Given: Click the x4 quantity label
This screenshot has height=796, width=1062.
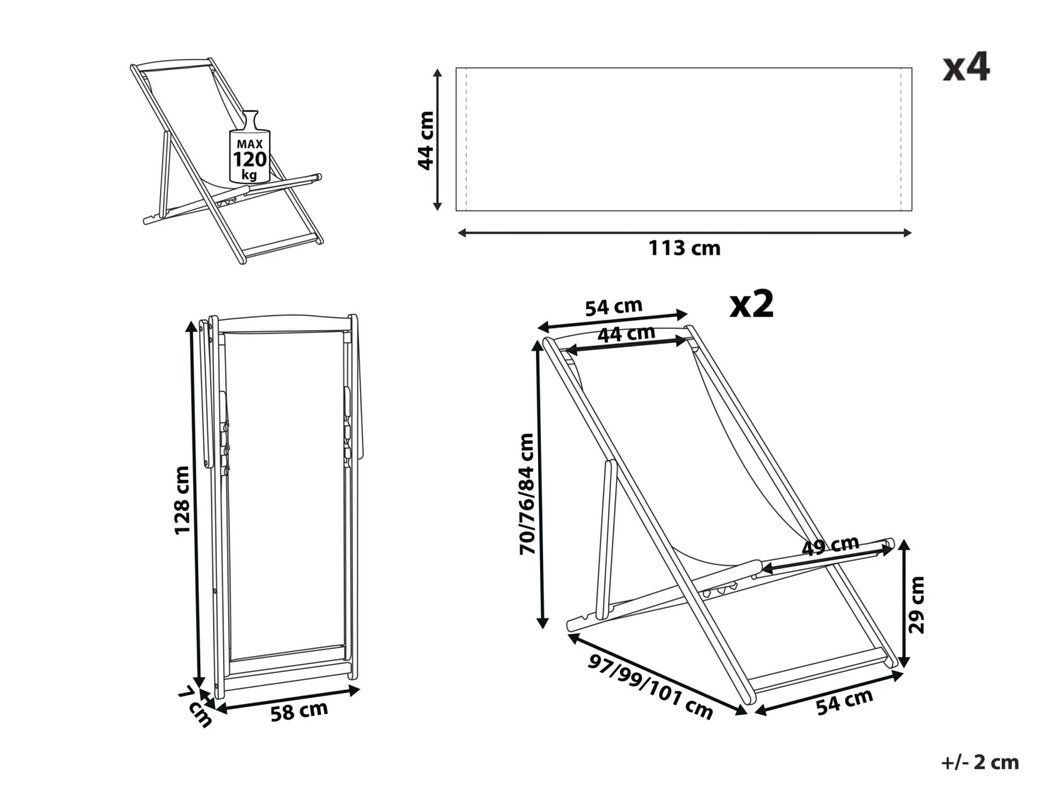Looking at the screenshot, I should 966,68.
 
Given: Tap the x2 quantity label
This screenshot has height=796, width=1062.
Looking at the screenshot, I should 752,304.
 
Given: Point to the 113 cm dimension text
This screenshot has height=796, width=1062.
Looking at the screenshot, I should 684,248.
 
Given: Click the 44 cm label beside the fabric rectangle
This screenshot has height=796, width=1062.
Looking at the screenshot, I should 426,140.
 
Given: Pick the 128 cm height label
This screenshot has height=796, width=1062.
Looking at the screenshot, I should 182,500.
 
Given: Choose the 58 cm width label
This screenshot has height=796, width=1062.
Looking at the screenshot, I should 299,711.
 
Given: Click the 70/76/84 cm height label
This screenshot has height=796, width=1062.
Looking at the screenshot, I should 527,494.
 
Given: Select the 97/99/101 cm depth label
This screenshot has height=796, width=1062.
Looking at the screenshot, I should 650,686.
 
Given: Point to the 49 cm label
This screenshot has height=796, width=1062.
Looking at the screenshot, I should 830,546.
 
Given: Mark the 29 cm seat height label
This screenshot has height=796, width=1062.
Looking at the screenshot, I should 917,604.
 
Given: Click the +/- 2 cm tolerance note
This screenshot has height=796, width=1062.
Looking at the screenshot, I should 980,762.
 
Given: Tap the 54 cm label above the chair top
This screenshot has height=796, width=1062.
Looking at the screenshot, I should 613,307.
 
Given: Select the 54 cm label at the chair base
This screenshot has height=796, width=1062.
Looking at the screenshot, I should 844,701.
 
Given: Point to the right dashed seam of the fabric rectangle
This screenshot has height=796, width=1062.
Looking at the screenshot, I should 901,139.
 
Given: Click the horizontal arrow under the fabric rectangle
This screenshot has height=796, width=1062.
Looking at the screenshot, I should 684,232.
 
